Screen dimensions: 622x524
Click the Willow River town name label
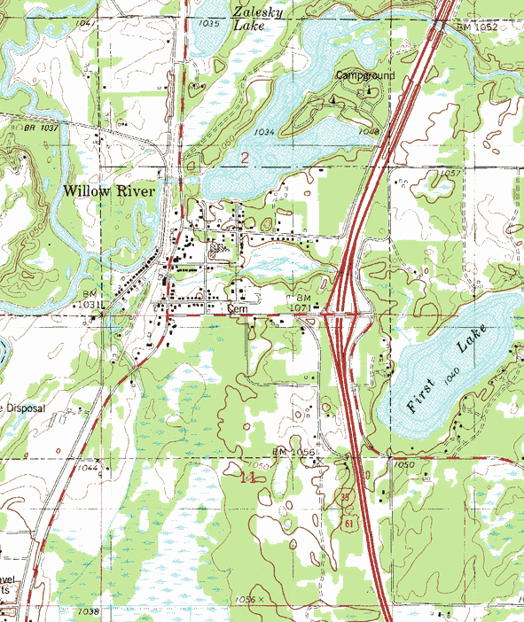[x=108, y=190]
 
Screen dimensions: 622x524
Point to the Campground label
[x=364, y=76]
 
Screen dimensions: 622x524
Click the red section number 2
[x=245, y=158]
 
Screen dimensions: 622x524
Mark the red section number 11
[x=248, y=477]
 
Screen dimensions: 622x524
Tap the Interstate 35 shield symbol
[x=345, y=497]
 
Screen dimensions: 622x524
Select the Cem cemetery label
[x=236, y=309]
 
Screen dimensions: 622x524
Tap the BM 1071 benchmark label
[x=302, y=302]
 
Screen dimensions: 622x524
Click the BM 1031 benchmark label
[x=91, y=299]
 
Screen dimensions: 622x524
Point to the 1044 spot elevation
[x=88, y=467]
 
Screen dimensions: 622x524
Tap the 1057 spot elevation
[x=449, y=173]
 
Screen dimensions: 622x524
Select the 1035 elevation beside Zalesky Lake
[x=209, y=24]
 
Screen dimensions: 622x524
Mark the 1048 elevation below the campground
[x=370, y=132]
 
